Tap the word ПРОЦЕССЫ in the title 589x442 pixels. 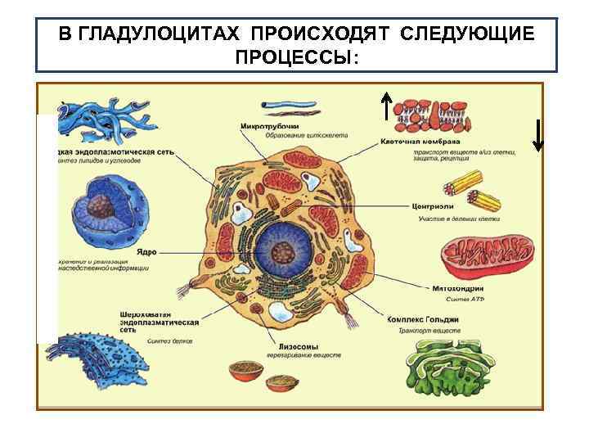[295, 57]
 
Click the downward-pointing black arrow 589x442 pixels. [537, 135]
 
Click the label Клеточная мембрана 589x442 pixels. [420, 141]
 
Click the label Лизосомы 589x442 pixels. [288, 346]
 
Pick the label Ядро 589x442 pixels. [146, 252]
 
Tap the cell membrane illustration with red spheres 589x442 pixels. [432, 116]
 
